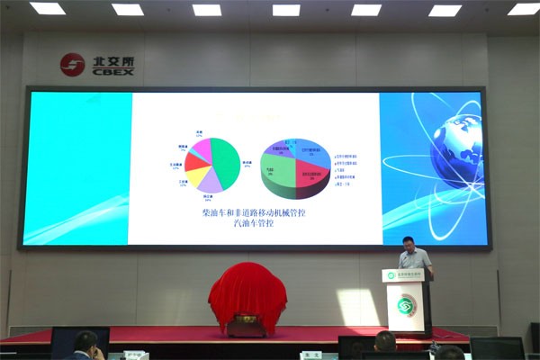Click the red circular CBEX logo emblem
[72, 64]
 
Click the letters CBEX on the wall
[112, 71]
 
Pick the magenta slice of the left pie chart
[202, 148]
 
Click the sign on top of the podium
[407, 274]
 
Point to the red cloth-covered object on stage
[247, 292]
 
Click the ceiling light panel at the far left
[48, 8]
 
